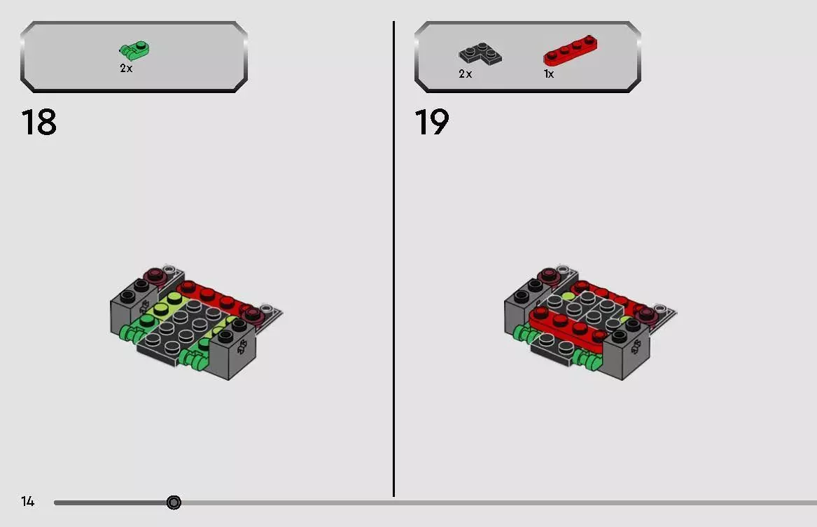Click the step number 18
coord(39,122)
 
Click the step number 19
coord(431,122)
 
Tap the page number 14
coord(27,501)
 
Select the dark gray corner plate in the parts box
coord(480,54)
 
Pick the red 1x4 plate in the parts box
coord(571,50)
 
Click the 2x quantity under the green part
coord(126,68)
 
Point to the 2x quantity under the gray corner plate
coord(466,74)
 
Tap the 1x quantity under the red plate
coord(549,74)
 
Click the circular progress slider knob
coord(174,503)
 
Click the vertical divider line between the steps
coord(393,259)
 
